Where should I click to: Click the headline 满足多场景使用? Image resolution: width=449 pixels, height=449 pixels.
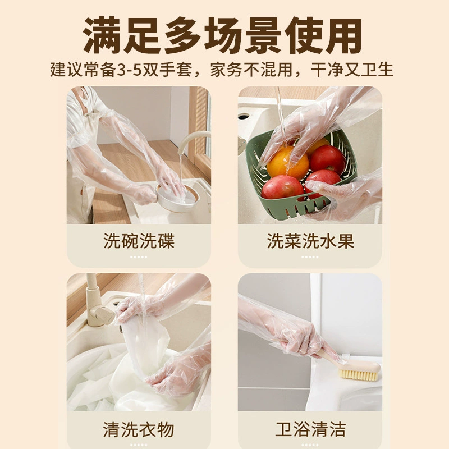pos(222,35)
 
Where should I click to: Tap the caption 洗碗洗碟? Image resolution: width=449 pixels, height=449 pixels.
pos(139,241)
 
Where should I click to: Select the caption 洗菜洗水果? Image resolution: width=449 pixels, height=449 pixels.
pos(310,241)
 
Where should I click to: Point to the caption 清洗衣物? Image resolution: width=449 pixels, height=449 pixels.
pos(139,429)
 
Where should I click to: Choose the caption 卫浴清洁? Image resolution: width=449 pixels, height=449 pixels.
pos(310,429)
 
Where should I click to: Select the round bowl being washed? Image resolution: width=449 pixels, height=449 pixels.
pos(177,197)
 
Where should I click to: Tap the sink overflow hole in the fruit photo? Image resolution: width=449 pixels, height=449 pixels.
pos(244,117)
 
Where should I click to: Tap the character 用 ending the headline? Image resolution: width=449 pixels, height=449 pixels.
pos(343,35)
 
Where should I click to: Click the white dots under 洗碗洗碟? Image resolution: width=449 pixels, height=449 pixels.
pos(139,257)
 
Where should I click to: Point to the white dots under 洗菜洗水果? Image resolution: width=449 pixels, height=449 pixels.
pos(310,257)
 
